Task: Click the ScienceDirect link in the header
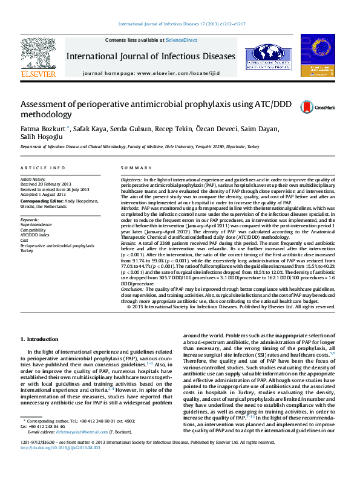pos(182,40)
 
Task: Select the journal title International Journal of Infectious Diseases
pos(150,56)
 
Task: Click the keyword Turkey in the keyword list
pos(28,250)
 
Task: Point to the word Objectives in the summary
pos(131,181)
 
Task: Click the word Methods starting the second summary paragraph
pos(130,207)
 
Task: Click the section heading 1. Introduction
pos(39,339)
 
